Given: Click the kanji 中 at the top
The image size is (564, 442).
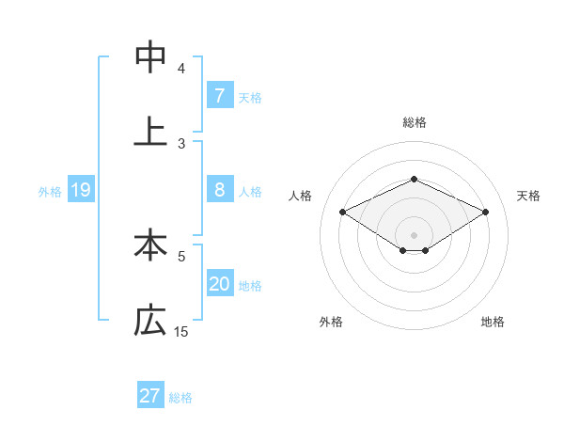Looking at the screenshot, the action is [150, 57].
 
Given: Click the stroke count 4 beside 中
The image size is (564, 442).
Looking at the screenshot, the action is [181, 68].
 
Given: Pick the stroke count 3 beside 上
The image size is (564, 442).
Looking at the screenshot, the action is [181, 143].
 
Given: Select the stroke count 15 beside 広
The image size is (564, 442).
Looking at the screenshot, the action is [181, 331].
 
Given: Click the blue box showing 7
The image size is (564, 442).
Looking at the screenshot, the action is [219, 95].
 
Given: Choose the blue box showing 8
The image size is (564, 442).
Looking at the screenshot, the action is [219, 190].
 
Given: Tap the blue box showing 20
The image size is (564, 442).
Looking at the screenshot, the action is [219, 284].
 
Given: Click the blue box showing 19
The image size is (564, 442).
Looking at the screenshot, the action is [81, 190].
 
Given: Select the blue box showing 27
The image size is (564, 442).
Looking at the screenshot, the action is [150, 396].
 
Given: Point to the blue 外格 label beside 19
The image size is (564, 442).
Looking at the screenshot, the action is [50, 191].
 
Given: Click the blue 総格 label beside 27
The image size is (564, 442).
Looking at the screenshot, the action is [180, 397].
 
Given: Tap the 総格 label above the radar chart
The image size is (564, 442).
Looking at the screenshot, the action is [414, 122].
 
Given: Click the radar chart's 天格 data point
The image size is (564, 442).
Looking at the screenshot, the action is [486, 213].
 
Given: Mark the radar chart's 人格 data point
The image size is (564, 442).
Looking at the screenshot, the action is [342, 213].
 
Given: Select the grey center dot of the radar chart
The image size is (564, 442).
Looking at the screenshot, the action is [414, 234].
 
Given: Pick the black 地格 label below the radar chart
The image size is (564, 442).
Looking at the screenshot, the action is [493, 322].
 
